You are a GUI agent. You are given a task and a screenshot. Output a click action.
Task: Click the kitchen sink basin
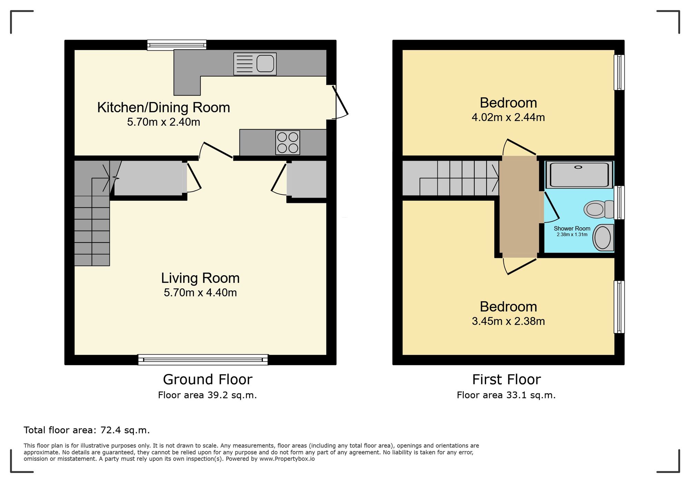coord(265,64)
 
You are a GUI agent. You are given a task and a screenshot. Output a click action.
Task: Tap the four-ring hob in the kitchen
coord(287,142)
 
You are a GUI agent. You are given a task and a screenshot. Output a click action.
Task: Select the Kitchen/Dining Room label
coord(164,108)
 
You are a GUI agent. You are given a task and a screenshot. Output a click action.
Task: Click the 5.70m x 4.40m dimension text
coord(200,293)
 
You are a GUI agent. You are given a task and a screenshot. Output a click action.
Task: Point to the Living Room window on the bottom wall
coord(203,359)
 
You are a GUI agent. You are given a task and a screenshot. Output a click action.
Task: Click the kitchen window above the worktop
coord(177,45)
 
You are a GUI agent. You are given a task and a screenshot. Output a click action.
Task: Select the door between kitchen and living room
coord(217,150)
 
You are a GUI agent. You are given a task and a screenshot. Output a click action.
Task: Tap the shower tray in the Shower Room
coord(579,175)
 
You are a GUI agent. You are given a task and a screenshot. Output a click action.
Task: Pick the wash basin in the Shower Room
coord(603,237)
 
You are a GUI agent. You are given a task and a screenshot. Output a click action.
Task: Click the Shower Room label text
coord(572,228)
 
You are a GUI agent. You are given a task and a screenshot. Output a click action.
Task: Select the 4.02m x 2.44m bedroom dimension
coord(508,118)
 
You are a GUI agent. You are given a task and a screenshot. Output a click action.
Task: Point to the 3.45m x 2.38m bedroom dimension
coord(508,321)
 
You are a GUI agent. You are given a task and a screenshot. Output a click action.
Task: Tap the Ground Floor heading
coord(207,379)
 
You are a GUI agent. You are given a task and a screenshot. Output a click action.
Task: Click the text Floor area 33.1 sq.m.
coord(506,395)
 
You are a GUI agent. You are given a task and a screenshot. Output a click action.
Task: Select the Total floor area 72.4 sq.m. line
coord(87,430)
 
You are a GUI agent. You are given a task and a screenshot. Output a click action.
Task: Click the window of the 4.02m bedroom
coord(619,72)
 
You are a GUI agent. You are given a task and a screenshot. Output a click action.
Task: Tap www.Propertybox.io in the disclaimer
coord(287,459)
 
